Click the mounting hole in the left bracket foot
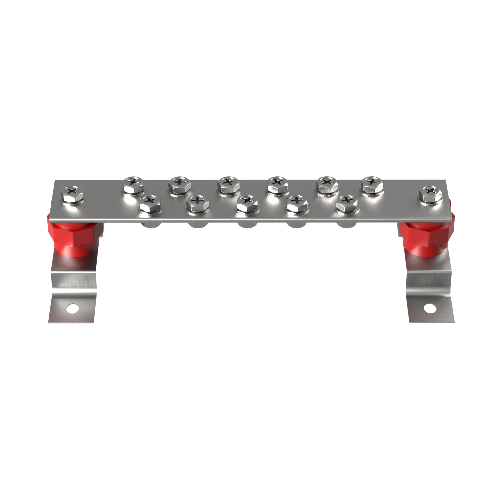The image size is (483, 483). [x=72, y=309]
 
